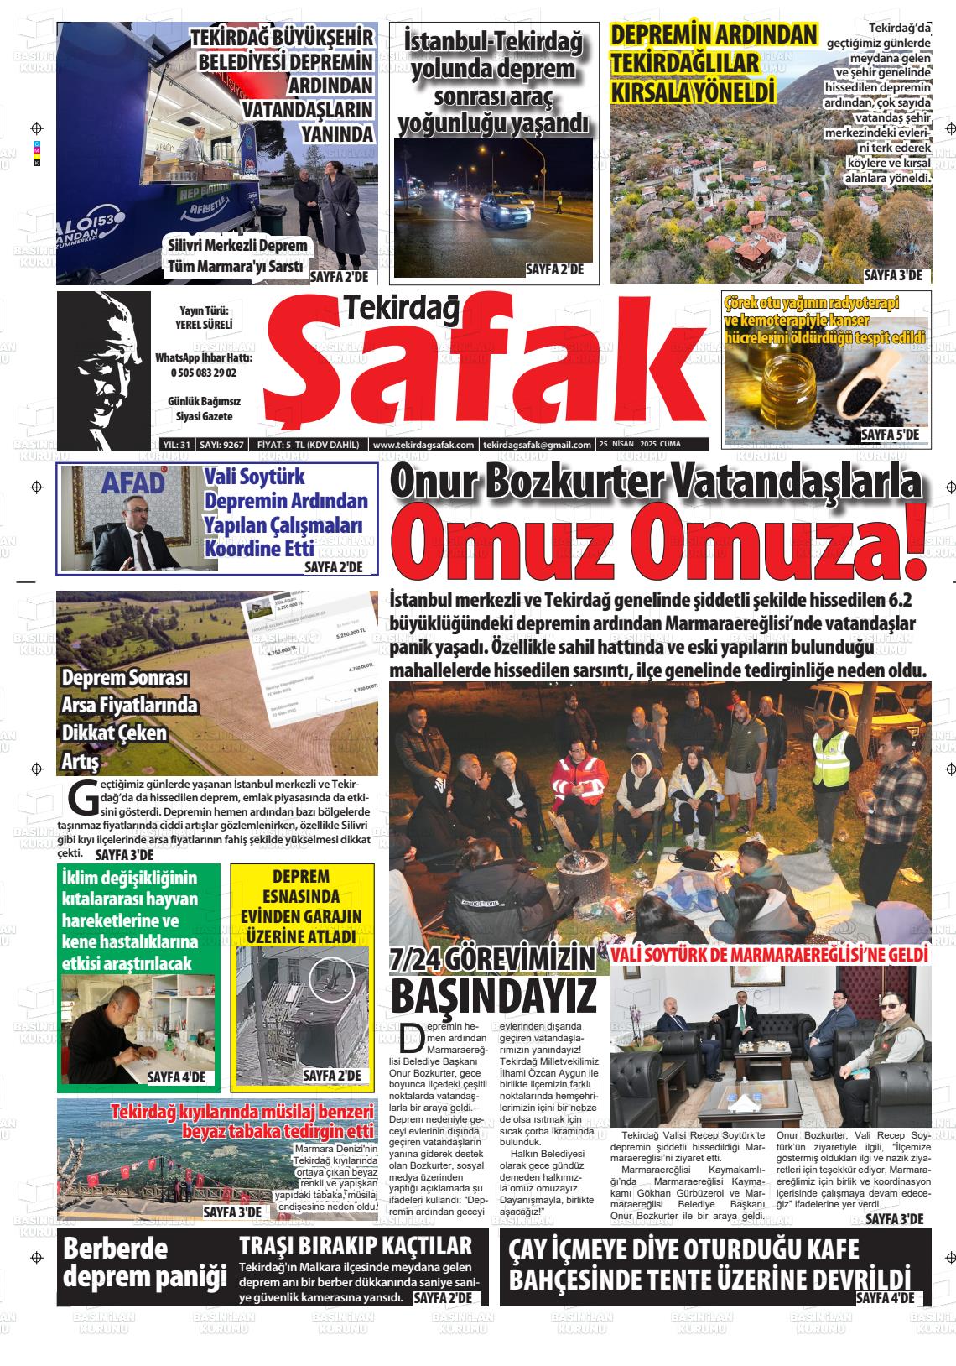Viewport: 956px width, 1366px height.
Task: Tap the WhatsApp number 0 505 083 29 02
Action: [204, 373]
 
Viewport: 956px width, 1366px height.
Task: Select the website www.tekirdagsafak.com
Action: [423, 445]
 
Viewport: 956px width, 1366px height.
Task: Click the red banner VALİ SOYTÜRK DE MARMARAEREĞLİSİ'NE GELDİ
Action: [769, 955]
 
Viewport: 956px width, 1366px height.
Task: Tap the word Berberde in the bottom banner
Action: [115, 1248]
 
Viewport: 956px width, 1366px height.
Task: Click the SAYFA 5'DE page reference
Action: [891, 435]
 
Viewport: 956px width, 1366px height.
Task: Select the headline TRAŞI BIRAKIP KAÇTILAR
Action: [356, 1245]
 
